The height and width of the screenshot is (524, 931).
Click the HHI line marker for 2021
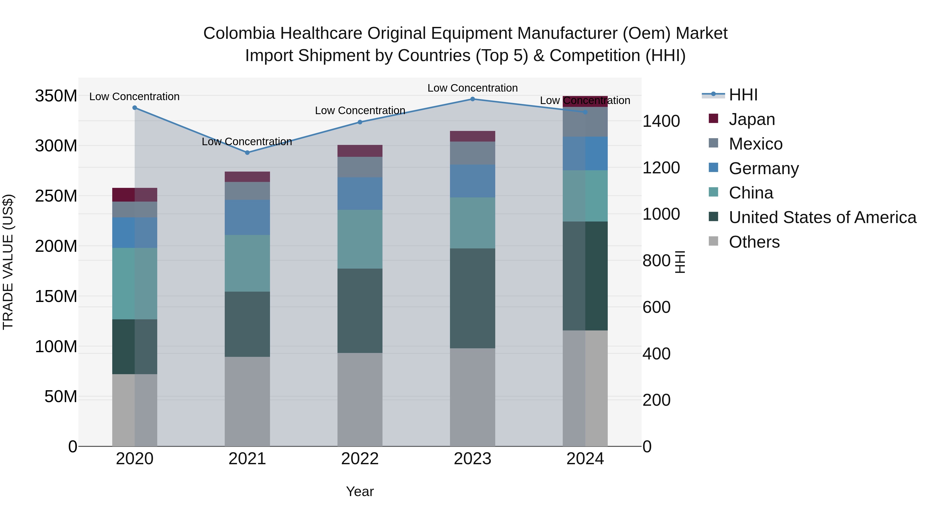247,153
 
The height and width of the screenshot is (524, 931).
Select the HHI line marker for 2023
472,99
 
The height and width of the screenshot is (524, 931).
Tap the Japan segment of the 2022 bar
360,151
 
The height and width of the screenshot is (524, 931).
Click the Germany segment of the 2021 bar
247,217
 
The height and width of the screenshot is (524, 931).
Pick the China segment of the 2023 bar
472,223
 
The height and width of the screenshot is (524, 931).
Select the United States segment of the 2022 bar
360,311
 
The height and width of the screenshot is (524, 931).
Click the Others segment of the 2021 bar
247,401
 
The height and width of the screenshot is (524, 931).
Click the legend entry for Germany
763,168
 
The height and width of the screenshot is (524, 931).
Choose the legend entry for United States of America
822,217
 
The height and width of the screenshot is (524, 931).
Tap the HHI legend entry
743,95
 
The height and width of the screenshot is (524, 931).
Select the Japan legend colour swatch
714,119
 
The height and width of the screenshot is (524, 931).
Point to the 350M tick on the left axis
56,96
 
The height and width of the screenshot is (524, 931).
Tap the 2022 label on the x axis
360,459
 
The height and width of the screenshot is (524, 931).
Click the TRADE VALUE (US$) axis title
8,262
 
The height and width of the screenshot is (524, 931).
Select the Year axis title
360,491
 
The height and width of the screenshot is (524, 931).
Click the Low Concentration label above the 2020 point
134,97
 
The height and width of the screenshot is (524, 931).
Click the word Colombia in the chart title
239,33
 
